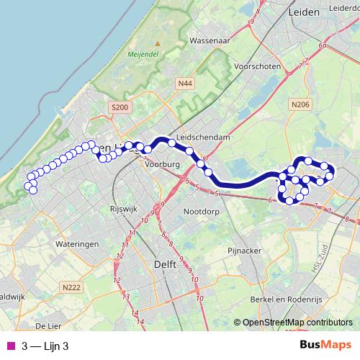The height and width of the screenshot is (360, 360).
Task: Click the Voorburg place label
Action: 161,164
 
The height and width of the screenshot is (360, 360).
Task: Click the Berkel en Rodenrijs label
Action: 284,297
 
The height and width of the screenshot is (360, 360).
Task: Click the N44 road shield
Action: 184,84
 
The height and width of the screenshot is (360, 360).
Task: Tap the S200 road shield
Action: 120,107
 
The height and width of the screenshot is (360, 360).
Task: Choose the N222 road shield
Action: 71,288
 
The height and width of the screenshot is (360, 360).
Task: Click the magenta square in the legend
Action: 9,346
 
